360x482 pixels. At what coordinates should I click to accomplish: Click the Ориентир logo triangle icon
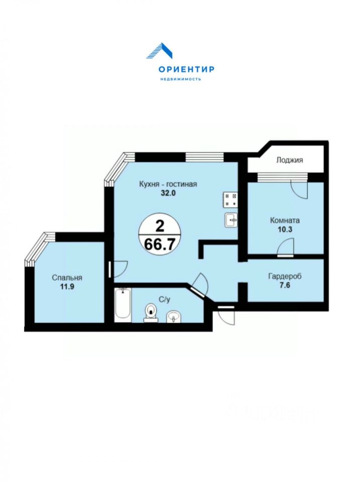click(159, 51)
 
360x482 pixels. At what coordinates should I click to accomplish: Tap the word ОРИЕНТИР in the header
click(186, 69)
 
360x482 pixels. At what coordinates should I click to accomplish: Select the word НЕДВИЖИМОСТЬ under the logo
click(181, 79)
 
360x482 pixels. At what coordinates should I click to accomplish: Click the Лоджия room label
click(289, 160)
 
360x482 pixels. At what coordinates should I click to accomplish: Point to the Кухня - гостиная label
click(168, 184)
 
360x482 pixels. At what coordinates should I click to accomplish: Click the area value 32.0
click(168, 193)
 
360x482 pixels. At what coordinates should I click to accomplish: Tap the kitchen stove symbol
click(230, 199)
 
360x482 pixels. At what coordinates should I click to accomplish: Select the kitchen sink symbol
click(231, 220)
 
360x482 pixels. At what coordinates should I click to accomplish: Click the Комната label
click(285, 220)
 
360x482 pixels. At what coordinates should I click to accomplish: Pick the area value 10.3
click(285, 229)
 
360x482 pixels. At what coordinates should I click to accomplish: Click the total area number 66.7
click(160, 245)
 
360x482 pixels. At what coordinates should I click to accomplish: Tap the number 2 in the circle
click(160, 227)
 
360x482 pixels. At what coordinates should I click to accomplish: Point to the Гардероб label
click(285, 276)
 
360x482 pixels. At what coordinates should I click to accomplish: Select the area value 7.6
click(285, 285)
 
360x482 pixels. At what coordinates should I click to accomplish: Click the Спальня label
click(67, 278)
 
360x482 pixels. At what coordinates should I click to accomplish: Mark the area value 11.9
click(67, 287)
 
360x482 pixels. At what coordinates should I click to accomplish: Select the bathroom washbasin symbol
click(174, 317)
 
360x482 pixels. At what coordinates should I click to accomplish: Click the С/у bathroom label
click(164, 299)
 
